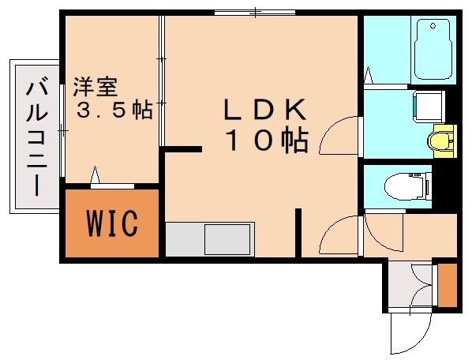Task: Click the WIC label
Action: tap(112, 223)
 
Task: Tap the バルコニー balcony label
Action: tap(36, 136)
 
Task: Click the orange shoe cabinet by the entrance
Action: tap(448, 287)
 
